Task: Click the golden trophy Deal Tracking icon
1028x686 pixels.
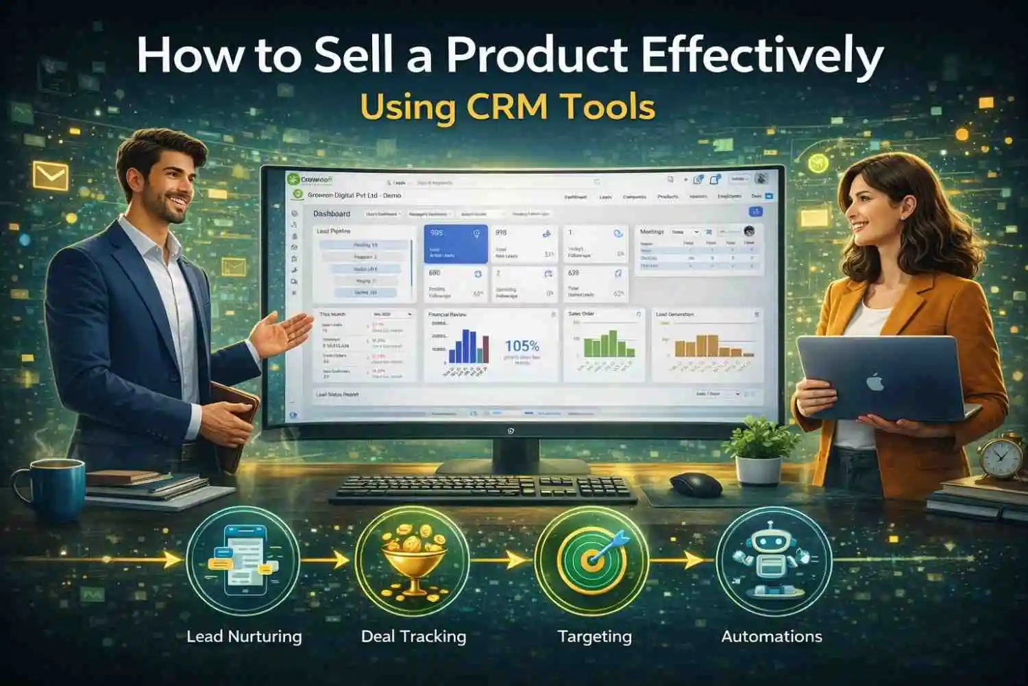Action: [x=413, y=559]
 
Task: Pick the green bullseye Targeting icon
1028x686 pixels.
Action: [x=592, y=559]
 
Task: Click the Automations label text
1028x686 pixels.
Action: [x=772, y=637]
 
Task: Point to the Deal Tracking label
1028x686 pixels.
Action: [x=413, y=637]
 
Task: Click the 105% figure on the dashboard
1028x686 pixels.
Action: [x=522, y=346]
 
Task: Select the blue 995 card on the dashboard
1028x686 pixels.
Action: [x=456, y=244]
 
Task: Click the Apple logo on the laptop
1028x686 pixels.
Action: [x=875, y=381]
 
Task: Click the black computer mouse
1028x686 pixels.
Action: [x=695, y=484]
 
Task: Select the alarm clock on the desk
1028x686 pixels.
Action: [x=1002, y=456]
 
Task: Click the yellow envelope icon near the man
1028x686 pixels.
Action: [x=51, y=176]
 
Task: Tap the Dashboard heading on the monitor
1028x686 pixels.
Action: [x=332, y=214]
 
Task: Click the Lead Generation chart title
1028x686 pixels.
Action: [x=675, y=314]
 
